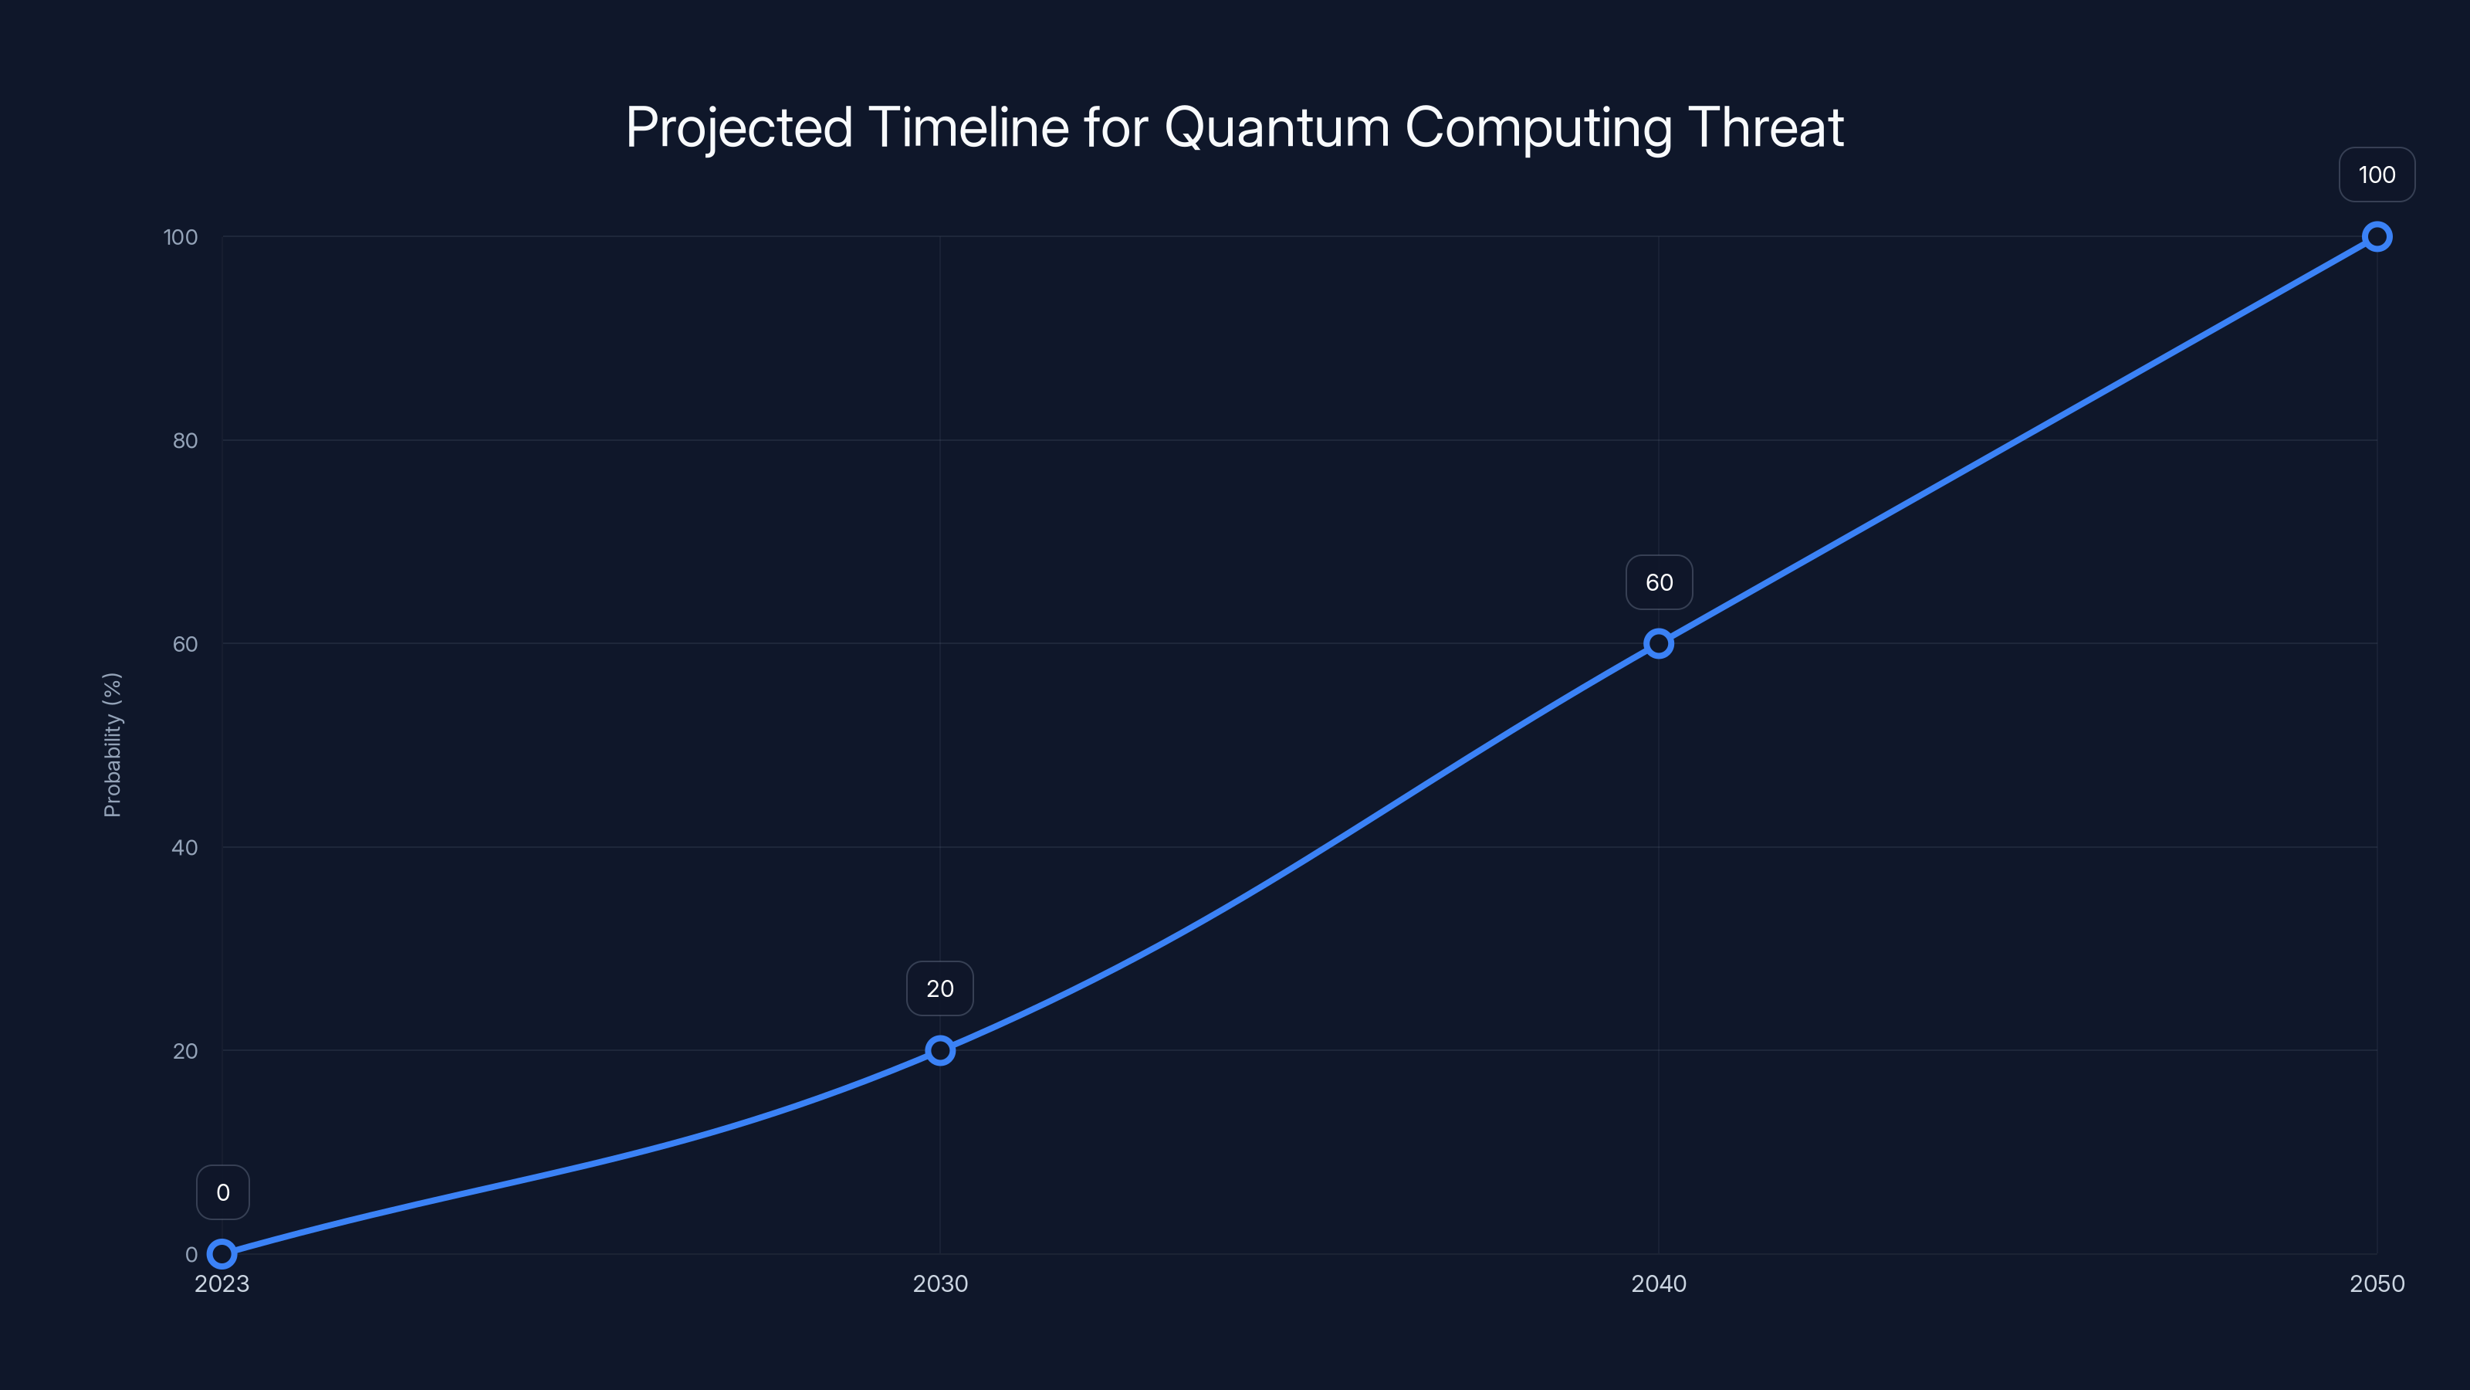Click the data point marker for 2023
(222, 1254)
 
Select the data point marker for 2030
(939, 1050)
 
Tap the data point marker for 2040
(1659, 644)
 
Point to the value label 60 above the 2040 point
(1659, 582)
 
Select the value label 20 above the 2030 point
(939, 989)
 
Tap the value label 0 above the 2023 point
(222, 1192)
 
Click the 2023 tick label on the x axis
(222, 1283)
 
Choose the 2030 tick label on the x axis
(939, 1283)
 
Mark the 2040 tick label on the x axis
(1659, 1283)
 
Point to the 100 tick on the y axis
(181, 237)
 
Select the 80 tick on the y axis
(185, 440)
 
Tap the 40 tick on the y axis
(185, 847)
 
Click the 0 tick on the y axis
(191, 1254)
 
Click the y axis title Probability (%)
(112, 744)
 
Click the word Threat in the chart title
(1765, 127)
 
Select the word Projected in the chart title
(739, 127)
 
